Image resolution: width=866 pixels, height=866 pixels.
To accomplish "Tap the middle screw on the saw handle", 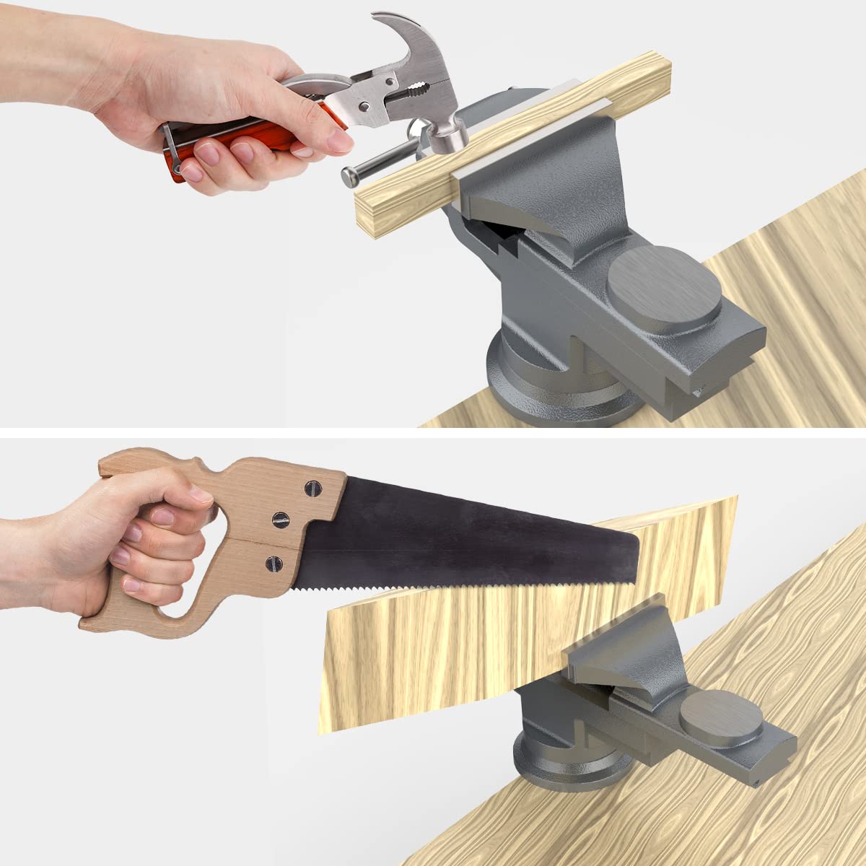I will pyautogui.click(x=279, y=519).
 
